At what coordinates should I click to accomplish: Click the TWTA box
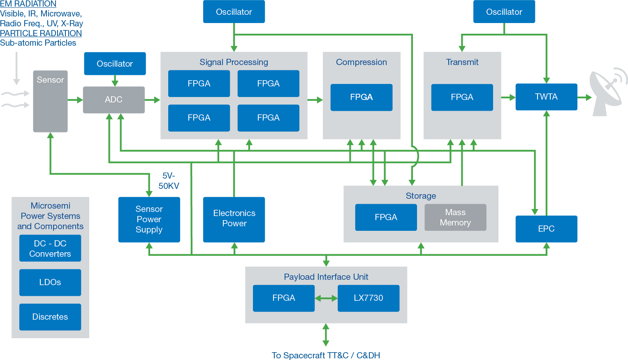click(546, 97)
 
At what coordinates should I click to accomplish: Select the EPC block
click(546, 229)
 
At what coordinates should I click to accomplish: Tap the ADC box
click(114, 100)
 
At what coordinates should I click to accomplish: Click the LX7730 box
click(368, 298)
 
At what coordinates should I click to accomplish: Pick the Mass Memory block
click(455, 217)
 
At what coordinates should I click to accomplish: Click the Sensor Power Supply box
click(149, 219)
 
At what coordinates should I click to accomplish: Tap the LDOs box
click(50, 282)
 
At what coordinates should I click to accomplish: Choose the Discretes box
click(50, 317)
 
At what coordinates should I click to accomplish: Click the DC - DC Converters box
click(50, 248)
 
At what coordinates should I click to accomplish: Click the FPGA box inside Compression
click(361, 97)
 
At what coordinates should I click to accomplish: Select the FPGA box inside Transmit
click(462, 97)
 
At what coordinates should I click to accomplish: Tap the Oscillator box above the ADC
click(115, 64)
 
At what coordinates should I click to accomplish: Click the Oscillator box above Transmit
click(504, 12)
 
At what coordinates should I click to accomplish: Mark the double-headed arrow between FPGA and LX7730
click(326, 298)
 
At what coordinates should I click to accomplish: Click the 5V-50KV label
click(169, 181)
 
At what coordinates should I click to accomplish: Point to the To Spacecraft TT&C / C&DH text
click(326, 355)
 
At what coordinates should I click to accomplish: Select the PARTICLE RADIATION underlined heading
click(41, 33)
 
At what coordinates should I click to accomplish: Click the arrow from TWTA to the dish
click(584, 98)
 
